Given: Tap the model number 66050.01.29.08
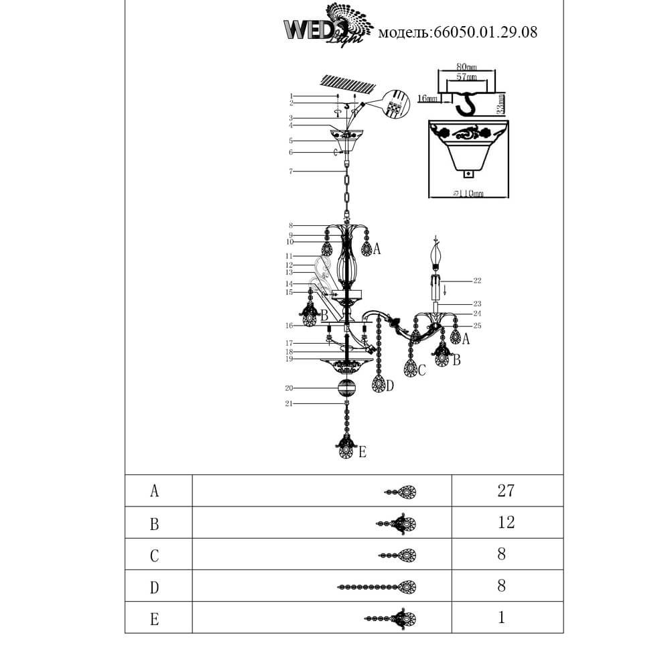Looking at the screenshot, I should coord(458,31).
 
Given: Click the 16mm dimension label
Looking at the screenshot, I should coord(427,98).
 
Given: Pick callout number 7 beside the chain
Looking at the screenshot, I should coord(291,172).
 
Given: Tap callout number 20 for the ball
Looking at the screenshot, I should coord(289,388).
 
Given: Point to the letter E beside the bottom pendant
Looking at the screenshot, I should coord(362,453).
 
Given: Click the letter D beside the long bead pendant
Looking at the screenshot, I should coord(390,386).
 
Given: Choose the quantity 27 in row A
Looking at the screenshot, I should coord(506,490).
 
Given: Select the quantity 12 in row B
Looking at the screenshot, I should coord(506,522).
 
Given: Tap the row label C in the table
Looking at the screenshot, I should coord(155,555).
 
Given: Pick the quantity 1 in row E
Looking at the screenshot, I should coord(501,617).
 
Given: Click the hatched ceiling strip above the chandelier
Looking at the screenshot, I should coord(347,84).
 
